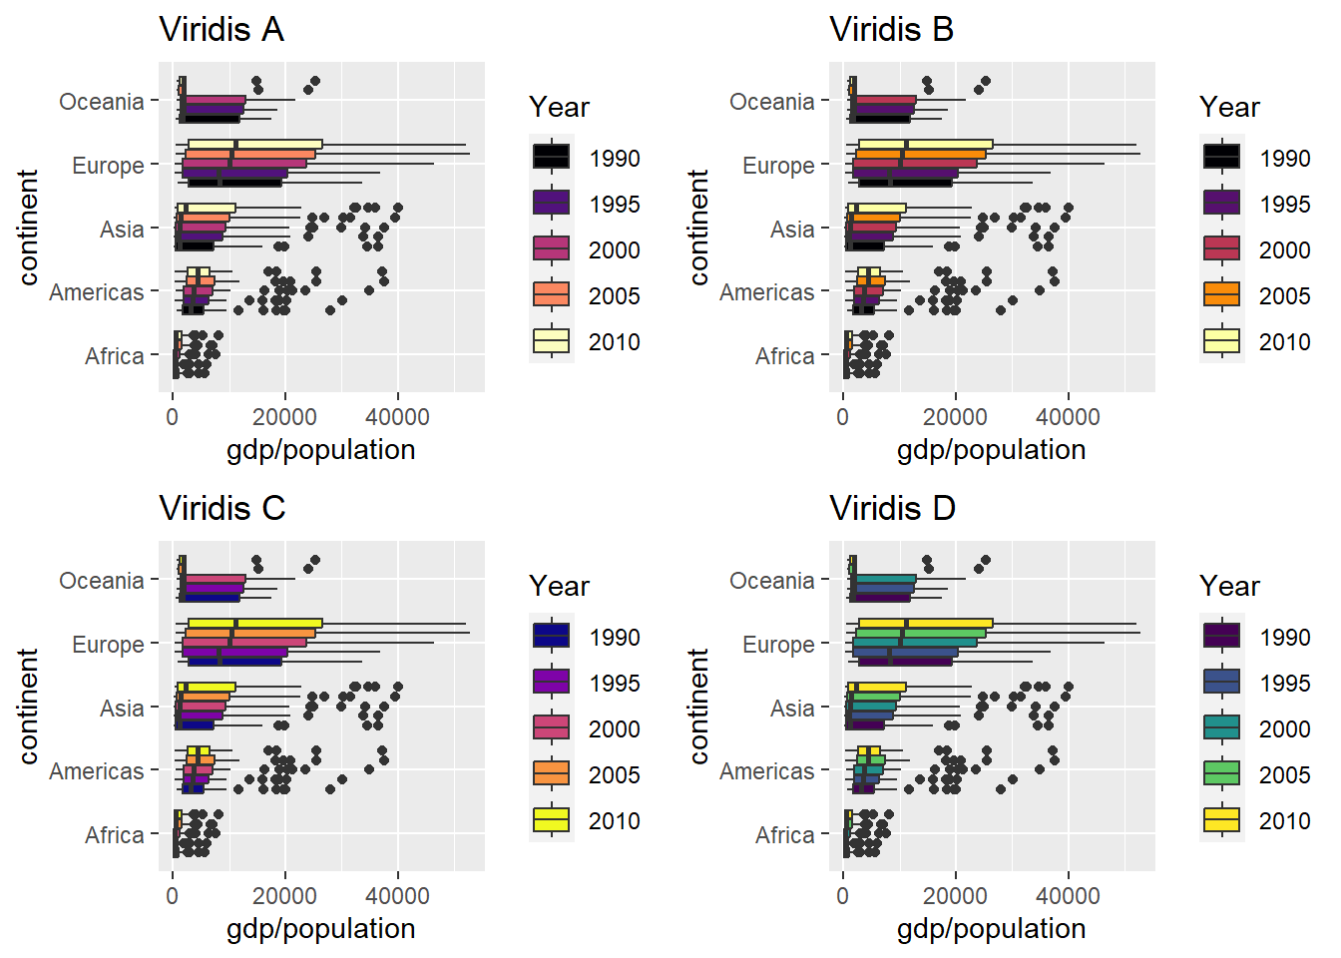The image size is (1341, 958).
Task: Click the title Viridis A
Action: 222,30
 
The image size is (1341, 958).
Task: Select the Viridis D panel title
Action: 892,509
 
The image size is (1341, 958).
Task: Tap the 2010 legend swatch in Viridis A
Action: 552,341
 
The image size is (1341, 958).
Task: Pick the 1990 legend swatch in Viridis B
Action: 1222,158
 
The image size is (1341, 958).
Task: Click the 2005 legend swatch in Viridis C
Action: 552,774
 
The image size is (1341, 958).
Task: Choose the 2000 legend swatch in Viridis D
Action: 1222,728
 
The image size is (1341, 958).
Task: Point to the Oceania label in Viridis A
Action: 101,102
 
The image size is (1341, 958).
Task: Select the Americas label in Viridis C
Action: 96,771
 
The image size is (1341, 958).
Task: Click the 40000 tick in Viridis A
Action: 397,417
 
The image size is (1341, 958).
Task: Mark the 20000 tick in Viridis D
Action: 955,896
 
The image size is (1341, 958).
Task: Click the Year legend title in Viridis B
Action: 1229,108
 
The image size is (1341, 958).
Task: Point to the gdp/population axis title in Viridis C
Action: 320,929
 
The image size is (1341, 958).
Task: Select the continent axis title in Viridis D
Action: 698,707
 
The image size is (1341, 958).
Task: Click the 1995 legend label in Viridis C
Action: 614,684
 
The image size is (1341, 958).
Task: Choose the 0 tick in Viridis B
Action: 843,417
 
